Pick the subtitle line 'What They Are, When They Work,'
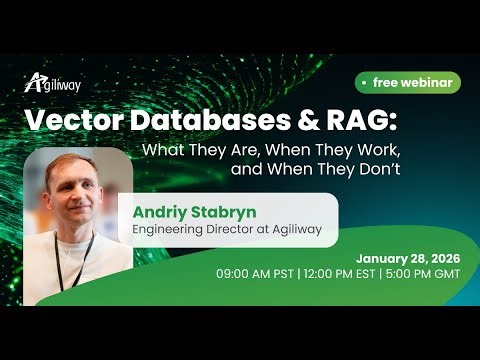coord(271,151)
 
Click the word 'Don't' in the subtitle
coord(378,169)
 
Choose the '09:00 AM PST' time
coord(260,272)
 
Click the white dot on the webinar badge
coord(363,83)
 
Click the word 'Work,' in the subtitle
coord(377,151)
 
